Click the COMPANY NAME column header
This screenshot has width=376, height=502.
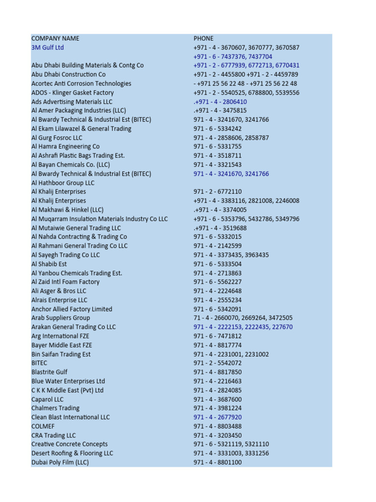pos(55,38)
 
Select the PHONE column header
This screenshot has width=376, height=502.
pos(203,38)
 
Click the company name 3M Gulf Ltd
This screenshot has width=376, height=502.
pos(47,48)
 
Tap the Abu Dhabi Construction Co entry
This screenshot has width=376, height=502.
pos(68,75)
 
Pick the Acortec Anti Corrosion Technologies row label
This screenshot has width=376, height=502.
pos(81,83)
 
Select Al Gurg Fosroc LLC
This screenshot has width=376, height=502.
pos(57,138)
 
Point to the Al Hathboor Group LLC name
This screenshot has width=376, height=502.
pos(63,183)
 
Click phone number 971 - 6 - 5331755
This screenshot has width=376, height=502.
pos(217,147)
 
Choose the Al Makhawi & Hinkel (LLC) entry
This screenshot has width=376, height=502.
pos(68,210)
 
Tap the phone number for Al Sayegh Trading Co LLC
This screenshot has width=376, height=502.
pos(231,255)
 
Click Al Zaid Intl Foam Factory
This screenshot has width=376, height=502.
pos(65,282)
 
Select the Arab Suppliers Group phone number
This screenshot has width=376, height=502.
pos(243,318)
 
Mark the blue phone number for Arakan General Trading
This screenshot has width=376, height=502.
pos(243,327)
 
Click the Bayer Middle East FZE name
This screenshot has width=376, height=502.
pos(62,345)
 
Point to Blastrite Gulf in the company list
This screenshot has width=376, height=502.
pos(49,372)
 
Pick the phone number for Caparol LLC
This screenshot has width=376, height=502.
pos(217,399)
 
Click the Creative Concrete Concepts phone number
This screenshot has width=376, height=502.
pos(231,444)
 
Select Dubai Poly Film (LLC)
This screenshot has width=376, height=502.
pos(60,462)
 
